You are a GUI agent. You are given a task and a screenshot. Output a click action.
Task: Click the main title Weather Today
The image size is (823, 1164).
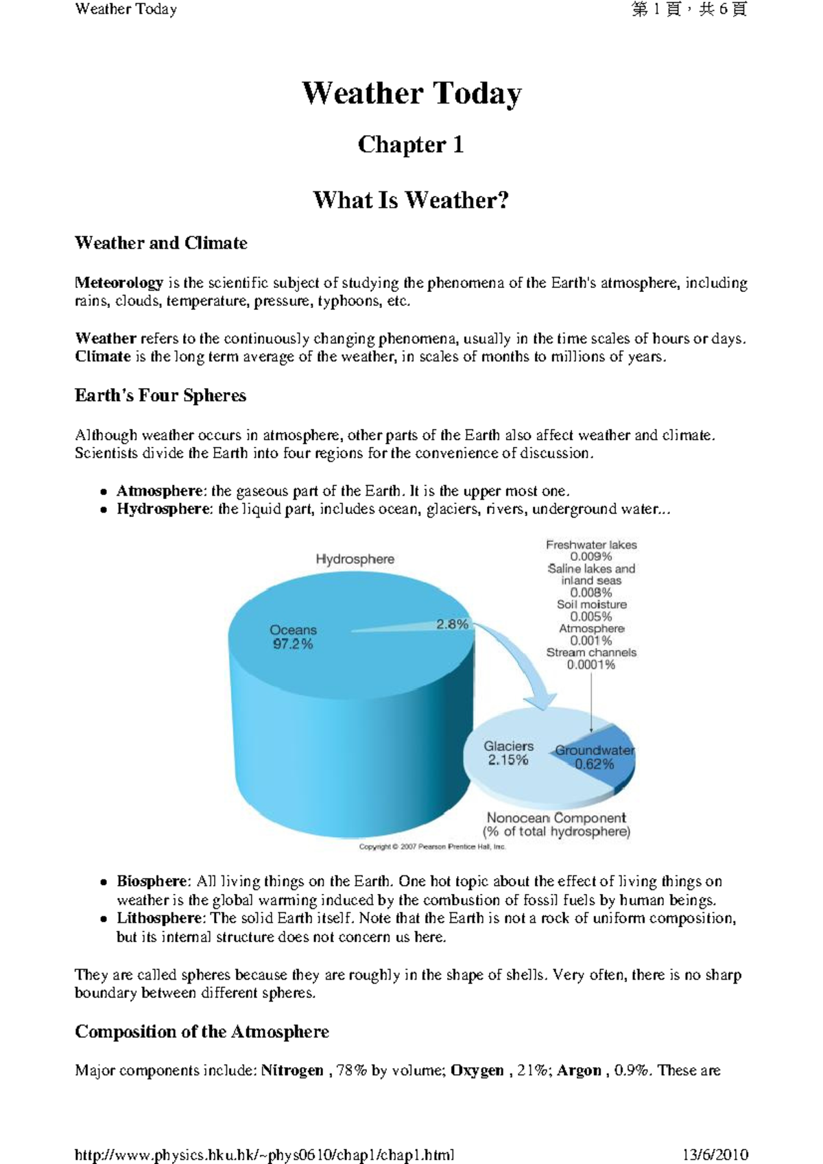[x=411, y=93]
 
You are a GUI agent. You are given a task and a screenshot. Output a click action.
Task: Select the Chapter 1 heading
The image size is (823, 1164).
[x=411, y=145]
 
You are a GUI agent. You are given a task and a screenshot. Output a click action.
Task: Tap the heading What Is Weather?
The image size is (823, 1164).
[x=411, y=200]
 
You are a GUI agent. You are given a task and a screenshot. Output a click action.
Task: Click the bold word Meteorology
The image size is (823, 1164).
[x=119, y=283]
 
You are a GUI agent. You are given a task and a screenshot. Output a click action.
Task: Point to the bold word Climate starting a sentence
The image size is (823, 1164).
[x=103, y=356]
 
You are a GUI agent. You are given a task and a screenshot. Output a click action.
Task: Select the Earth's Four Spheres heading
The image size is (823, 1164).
[x=160, y=396]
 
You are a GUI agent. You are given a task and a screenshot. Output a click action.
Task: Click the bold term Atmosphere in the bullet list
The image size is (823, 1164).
[x=160, y=491]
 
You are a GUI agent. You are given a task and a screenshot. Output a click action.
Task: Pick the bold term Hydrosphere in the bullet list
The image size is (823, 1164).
[x=163, y=509]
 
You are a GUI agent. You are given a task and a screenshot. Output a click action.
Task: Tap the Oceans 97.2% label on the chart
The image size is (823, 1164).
[x=293, y=637]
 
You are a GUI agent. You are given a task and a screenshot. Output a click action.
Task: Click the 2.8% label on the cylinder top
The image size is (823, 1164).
[x=452, y=625]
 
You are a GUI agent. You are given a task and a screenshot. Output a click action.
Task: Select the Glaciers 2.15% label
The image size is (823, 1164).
[x=508, y=753]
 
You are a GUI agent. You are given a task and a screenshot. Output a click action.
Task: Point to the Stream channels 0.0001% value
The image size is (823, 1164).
[x=591, y=665]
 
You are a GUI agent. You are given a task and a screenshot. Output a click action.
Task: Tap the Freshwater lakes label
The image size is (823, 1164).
[x=591, y=545]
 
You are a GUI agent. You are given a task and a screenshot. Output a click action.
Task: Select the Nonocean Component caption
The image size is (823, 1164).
[x=556, y=818]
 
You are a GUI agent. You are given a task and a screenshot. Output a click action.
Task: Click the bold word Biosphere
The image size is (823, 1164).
[x=151, y=882]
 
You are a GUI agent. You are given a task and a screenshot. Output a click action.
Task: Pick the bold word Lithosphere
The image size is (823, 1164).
[x=160, y=919]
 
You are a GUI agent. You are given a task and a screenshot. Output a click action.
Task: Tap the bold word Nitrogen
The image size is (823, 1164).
[x=292, y=1071]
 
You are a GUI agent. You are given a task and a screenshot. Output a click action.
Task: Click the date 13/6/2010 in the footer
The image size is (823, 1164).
[x=715, y=1155]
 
